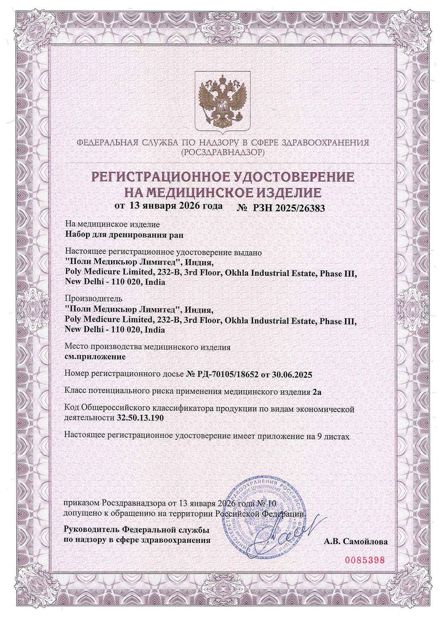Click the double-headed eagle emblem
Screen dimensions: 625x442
tap(221, 100)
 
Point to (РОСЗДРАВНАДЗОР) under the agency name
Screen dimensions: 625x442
tap(221, 152)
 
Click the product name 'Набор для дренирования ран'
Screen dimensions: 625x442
tap(125, 234)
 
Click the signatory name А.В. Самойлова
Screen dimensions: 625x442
tap(355, 542)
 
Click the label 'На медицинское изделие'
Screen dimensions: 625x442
tap(112, 224)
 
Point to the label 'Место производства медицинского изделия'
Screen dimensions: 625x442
tap(148, 347)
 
